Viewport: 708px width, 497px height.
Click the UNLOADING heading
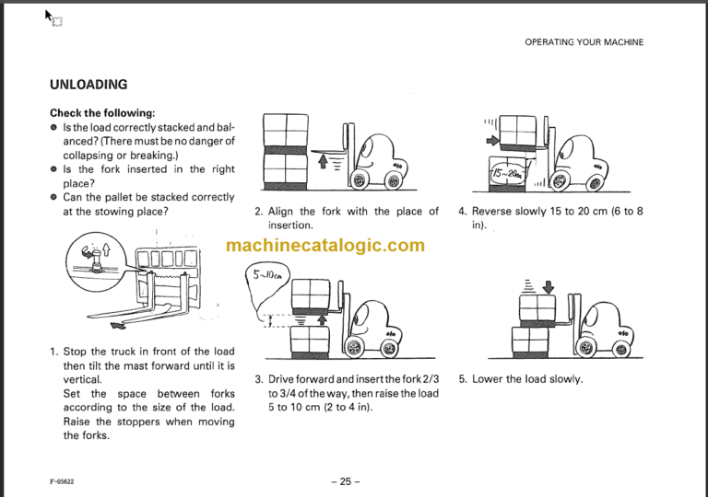point(88,85)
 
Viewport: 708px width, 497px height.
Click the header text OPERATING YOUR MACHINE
point(584,42)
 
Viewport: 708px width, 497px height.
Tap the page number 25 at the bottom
point(345,481)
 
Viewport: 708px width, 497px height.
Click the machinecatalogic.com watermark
point(325,245)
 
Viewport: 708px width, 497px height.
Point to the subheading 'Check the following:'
point(102,113)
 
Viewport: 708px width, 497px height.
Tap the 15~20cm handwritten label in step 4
point(505,171)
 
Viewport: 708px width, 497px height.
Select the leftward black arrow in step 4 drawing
point(490,141)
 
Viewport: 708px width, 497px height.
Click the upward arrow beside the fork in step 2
point(322,163)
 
